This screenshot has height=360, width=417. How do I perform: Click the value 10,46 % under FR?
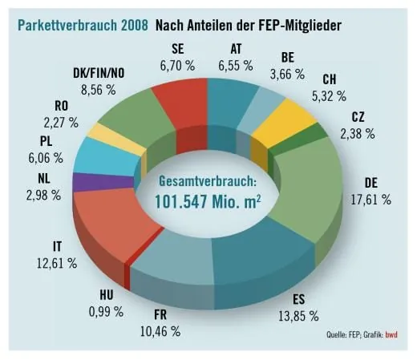click(x=159, y=330)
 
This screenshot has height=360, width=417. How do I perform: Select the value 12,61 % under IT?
click(x=56, y=261)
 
